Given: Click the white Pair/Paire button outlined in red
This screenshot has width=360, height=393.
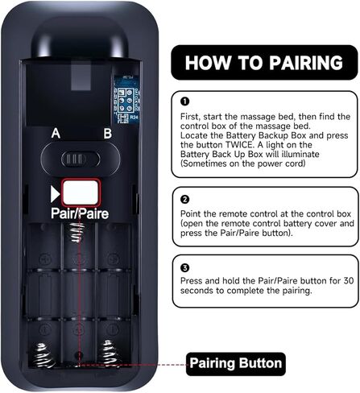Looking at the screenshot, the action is point(81,192).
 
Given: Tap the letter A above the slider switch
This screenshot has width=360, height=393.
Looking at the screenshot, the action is point(56,134).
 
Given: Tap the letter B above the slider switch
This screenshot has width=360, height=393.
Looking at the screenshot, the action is point(108,134).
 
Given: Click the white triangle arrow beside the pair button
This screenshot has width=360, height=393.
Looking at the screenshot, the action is point(55,194).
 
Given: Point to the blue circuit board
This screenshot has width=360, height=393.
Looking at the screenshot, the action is point(126,99).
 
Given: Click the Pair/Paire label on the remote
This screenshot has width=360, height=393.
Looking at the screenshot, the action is point(80,213).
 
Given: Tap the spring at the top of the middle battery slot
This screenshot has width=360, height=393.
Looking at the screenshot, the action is point(77,232).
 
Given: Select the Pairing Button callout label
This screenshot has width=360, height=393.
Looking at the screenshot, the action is point(236,364).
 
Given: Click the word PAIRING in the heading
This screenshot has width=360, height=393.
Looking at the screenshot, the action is point(306,63).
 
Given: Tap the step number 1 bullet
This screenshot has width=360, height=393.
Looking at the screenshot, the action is point(185,101).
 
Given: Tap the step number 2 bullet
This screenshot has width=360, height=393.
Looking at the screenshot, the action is point(185,200).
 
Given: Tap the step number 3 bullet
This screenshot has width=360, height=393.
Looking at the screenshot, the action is point(185,267).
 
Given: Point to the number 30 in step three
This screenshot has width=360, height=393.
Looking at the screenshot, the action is point(349,281).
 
